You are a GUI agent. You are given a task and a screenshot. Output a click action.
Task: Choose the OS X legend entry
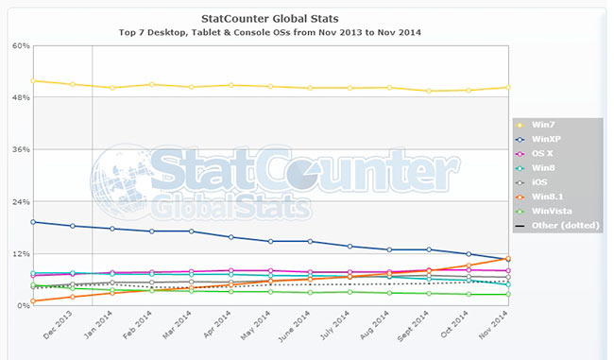(x=544, y=154)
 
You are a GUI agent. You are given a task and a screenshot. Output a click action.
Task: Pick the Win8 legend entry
(x=544, y=168)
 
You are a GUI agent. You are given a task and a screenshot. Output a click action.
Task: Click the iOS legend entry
(x=541, y=182)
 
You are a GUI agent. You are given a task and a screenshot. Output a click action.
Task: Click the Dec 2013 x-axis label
(x=59, y=326)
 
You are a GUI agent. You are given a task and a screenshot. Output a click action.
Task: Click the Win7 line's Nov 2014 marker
(x=508, y=87)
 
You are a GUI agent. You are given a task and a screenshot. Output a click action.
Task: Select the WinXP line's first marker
(x=33, y=222)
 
